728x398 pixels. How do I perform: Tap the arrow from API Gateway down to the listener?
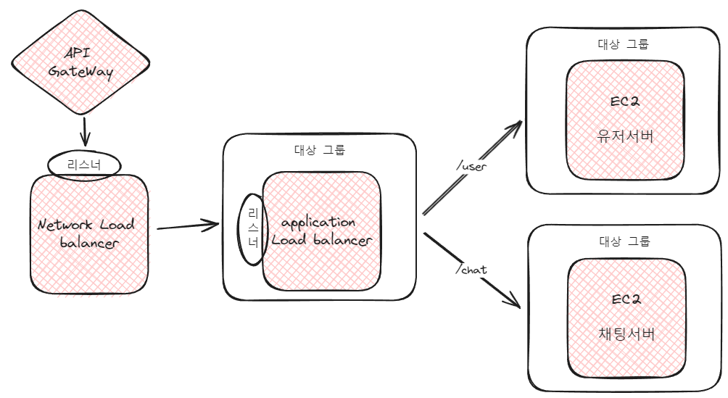pos(85,130)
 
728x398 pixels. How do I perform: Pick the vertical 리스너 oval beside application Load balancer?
pos(253,228)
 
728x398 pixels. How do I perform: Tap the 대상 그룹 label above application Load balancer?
pos(320,152)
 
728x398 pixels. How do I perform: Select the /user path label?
pos(471,166)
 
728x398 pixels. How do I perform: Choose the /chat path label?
pos(471,270)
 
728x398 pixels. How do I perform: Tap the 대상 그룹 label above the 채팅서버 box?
pos(625,241)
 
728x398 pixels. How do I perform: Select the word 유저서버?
pos(625,136)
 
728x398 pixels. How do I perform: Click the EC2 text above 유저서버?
pos(625,102)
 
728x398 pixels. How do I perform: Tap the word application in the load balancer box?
pos(318,222)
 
